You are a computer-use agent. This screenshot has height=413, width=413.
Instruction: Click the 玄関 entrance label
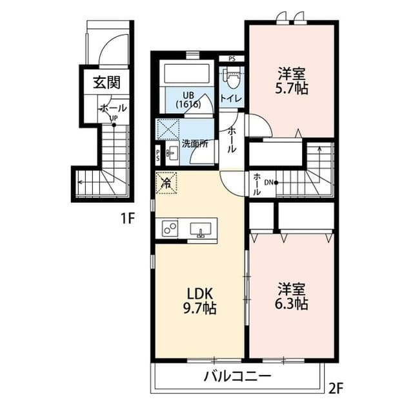pos(106,83)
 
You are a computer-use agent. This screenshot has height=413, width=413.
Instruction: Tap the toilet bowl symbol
pos(232,79)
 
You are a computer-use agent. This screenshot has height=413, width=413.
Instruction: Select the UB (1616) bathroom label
pos(188,100)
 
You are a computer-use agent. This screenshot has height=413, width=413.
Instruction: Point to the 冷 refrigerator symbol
pos(166,183)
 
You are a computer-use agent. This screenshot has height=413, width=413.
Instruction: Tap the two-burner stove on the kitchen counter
pos(170,228)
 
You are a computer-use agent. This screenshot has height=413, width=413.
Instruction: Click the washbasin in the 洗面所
pos(172,153)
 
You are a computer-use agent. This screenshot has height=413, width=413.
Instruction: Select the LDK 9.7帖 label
pos(199,301)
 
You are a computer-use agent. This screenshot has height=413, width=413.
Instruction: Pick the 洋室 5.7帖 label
pos(292,81)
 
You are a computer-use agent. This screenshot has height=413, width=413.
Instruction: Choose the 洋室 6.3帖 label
pos(292,296)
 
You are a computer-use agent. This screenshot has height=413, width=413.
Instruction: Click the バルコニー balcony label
pos(237,376)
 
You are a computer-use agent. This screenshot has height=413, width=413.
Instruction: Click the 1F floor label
pos(128,218)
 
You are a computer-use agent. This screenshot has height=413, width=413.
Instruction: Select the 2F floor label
pos(336,388)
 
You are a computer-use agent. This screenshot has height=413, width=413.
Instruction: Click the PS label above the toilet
pos(232,59)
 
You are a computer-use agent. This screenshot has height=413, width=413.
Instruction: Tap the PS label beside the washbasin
pos(157,155)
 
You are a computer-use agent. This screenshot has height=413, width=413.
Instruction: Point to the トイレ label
pos(231,99)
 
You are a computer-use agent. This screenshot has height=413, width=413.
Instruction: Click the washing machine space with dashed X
pos(168,129)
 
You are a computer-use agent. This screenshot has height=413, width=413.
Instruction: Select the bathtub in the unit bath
pos(186,73)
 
